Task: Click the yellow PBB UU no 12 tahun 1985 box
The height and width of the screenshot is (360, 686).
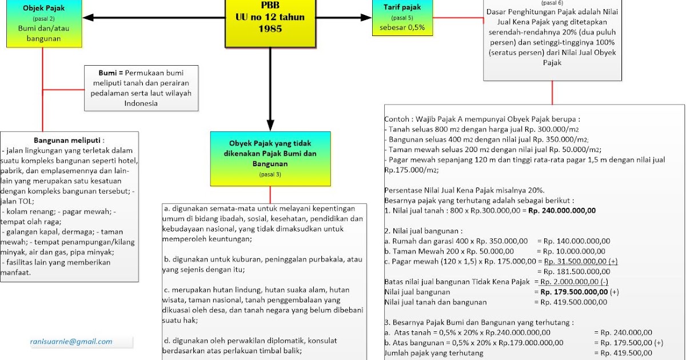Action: tap(270, 23)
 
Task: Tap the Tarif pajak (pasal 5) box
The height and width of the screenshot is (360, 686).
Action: tap(402, 17)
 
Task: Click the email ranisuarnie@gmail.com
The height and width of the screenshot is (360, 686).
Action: tap(71, 342)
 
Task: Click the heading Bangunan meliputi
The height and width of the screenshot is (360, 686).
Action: tap(69, 140)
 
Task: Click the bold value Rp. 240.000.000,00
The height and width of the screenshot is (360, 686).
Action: tap(562, 210)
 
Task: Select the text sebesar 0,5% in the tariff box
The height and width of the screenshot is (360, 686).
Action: tap(402, 27)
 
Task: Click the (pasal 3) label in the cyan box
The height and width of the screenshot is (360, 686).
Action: tap(270, 174)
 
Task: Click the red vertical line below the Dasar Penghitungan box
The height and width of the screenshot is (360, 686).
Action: tap(552, 93)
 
